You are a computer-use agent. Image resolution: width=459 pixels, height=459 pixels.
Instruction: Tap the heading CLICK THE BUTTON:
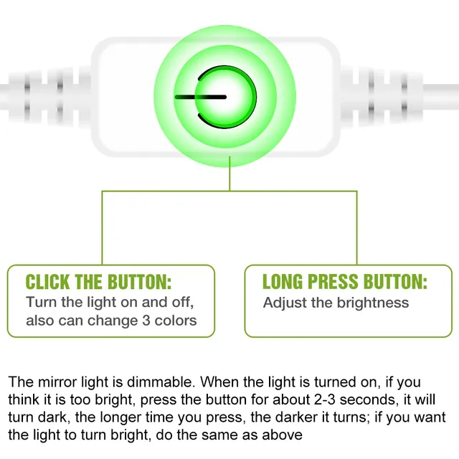pyautogui.click(x=98, y=282)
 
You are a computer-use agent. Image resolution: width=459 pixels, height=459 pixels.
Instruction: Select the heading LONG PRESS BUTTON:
pyautogui.click(x=345, y=282)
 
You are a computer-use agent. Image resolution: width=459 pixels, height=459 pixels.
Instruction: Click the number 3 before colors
pyautogui.click(x=146, y=321)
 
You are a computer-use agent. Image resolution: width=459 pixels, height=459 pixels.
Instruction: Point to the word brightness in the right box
pyautogui.click(x=373, y=303)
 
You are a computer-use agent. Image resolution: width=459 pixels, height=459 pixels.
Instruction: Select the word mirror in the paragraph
pyautogui.click(x=57, y=382)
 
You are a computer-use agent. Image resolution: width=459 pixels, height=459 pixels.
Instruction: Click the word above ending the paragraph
pyautogui.click(x=282, y=435)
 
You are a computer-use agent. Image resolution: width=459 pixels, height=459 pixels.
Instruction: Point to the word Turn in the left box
pyautogui.click(x=42, y=302)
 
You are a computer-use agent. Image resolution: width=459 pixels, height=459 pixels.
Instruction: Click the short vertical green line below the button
pyautogui.click(x=229, y=174)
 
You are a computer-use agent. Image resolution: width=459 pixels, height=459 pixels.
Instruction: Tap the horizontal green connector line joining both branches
pyautogui.click(x=229, y=191)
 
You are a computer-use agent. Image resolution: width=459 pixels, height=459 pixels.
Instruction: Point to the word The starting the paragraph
pyautogui.click(x=21, y=382)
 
